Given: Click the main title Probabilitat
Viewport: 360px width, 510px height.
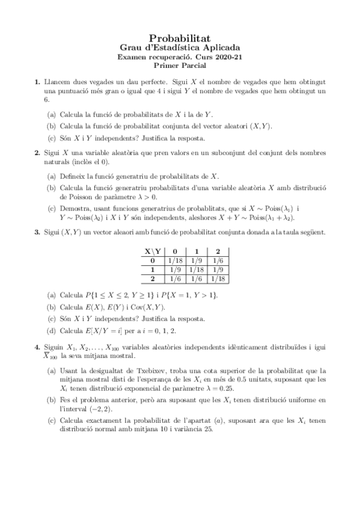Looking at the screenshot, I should [x=180, y=37].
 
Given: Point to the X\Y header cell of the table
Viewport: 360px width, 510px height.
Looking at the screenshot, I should [x=153, y=252].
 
